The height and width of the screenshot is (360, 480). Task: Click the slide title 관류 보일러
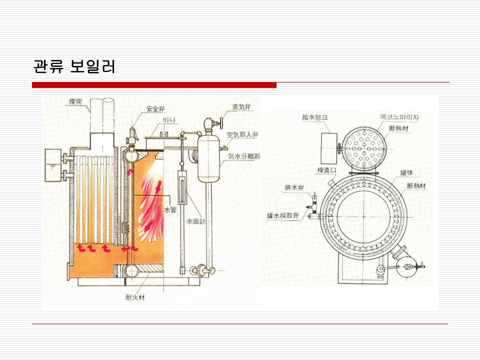[x=74, y=66]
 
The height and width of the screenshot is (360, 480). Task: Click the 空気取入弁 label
[x=242, y=135]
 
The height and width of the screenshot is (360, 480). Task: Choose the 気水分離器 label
[x=243, y=156]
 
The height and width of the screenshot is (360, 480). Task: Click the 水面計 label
[x=195, y=220]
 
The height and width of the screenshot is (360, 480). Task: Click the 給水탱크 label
[x=314, y=117]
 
